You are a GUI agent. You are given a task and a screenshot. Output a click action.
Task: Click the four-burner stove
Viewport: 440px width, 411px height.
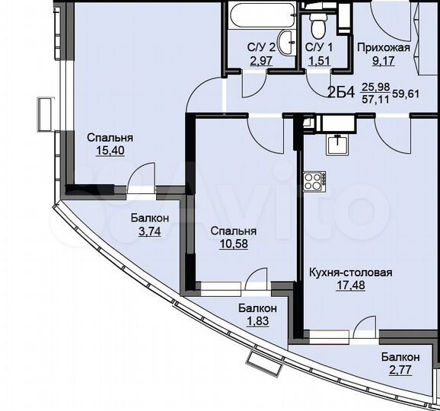point(313,181)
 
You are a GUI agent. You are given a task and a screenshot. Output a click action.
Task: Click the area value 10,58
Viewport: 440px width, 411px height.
point(233,244)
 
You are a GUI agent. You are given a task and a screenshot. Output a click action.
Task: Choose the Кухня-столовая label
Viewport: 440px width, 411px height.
point(350,272)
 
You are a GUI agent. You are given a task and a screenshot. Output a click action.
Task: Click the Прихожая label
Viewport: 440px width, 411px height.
point(384,47)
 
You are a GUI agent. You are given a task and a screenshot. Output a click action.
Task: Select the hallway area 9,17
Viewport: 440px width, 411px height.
point(384,61)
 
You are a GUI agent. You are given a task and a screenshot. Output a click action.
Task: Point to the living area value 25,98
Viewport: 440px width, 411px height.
point(373,88)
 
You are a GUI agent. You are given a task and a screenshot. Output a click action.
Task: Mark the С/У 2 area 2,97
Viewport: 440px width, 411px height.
point(260,61)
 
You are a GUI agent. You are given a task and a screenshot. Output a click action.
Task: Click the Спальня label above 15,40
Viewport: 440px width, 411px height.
point(110,138)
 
